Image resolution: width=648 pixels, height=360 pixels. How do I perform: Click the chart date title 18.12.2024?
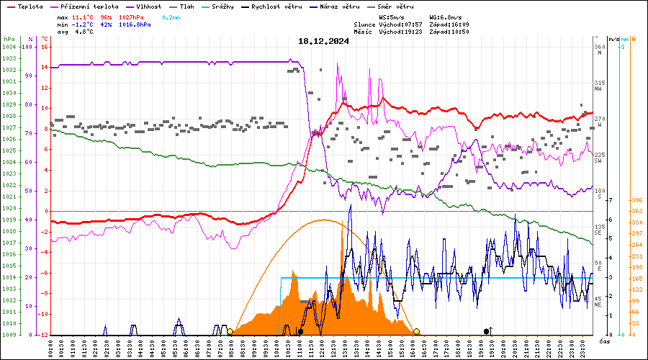pyautogui.click(x=323, y=41)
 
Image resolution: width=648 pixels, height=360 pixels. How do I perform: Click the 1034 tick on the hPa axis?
pyautogui.click(x=9, y=47)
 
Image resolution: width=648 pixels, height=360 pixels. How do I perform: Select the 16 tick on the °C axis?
pyautogui.click(x=45, y=47)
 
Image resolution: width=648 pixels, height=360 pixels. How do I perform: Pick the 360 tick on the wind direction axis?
pyautogui.click(x=599, y=47)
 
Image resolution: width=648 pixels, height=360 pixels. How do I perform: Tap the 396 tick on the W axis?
pyautogui.click(x=636, y=200)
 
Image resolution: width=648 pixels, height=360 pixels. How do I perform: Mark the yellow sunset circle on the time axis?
pyautogui.click(x=416, y=331)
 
